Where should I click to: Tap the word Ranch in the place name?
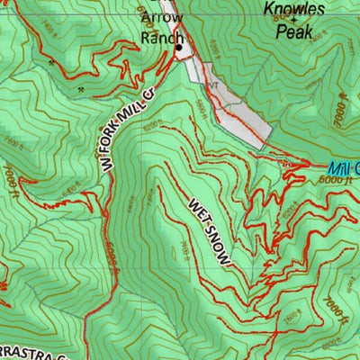[x=162, y=39]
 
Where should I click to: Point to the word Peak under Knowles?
[x=294, y=31]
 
